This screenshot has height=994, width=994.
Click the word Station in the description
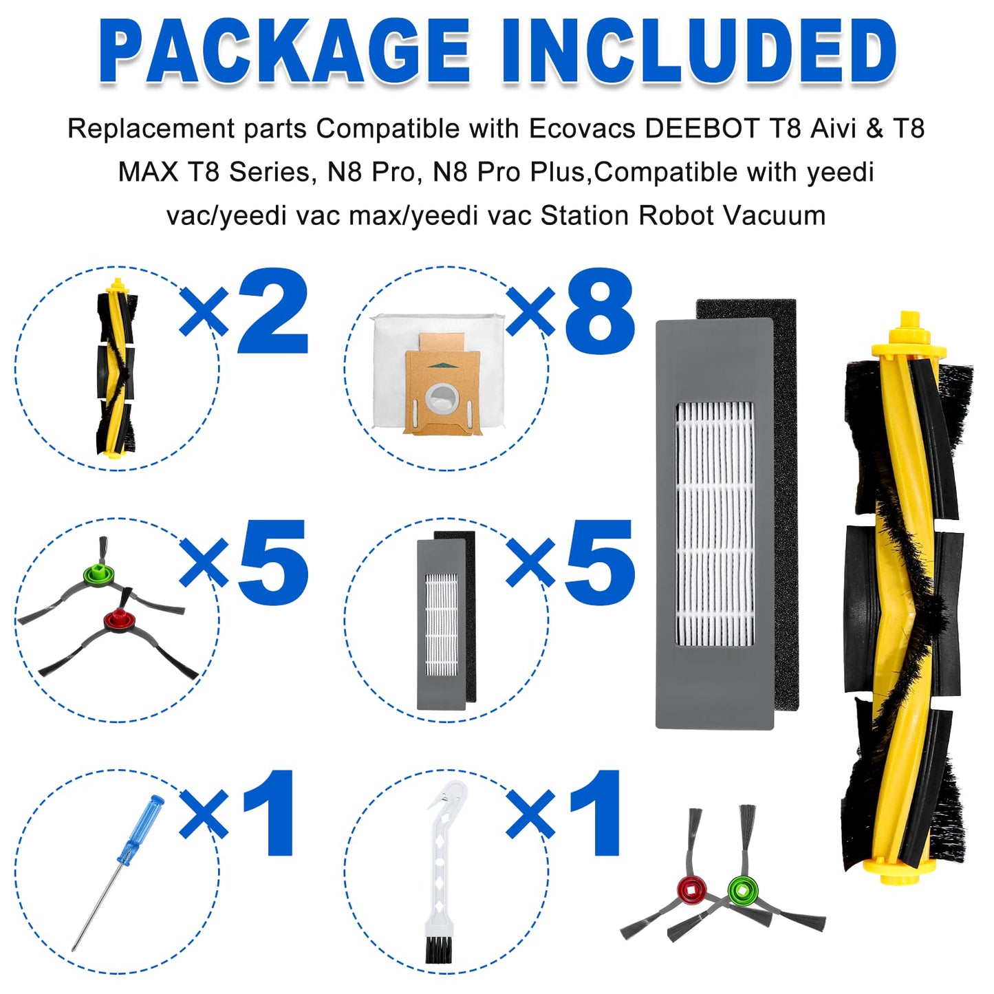point(584,216)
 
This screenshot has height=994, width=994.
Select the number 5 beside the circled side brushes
point(272,563)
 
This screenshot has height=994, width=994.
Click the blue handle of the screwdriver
point(140,830)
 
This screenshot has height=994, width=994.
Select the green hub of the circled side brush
point(97,572)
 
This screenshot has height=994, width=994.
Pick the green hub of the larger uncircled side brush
point(742,891)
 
